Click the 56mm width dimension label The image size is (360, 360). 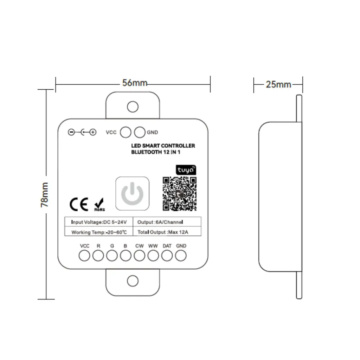coord(135,83)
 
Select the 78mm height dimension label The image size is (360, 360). coord(44,195)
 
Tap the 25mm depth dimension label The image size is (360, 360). coord(278,84)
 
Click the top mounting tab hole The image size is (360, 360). coord(133,107)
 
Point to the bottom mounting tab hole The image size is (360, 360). coord(133,281)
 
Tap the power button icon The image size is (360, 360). coord(132,194)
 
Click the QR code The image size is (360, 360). coord(180,194)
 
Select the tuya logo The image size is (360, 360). coord(186,170)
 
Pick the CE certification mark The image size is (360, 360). coord(79,204)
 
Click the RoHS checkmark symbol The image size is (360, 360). coord(99,204)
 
